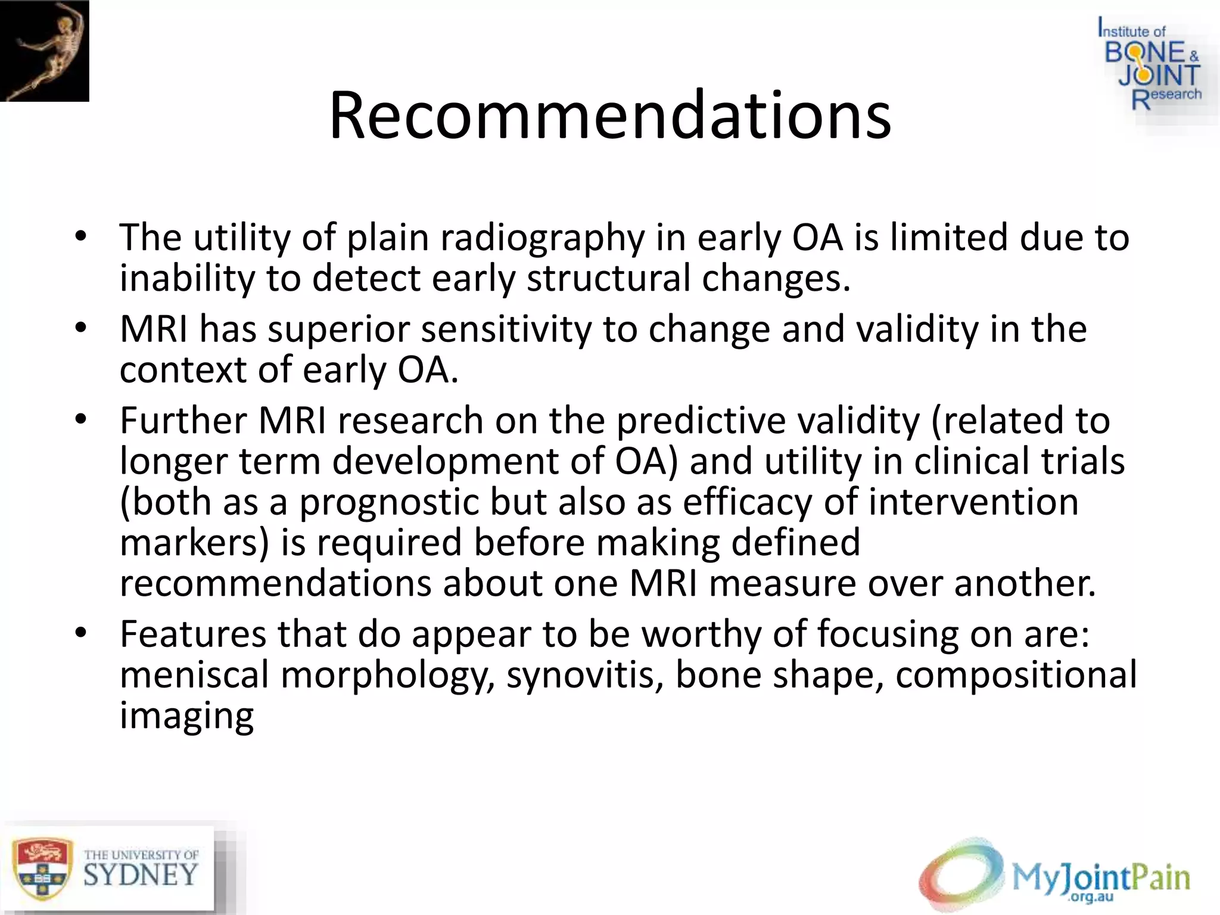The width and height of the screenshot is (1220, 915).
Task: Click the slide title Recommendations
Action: pyautogui.click(x=609, y=115)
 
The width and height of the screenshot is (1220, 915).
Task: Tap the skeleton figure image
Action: pyautogui.click(x=44, y=51)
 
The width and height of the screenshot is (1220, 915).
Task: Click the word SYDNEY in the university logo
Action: pyautogui.click(x=141, y=875)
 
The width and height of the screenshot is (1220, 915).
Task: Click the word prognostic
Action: pyautogui.click(x=388, y=502)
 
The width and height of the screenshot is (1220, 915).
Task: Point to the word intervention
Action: pyautogui.click(x=973, y=502)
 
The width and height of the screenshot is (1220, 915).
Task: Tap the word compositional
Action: pyautogui.click(x=1016, y=675)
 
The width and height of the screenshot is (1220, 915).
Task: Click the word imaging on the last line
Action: pyautogui.click(x=186, y=715)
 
